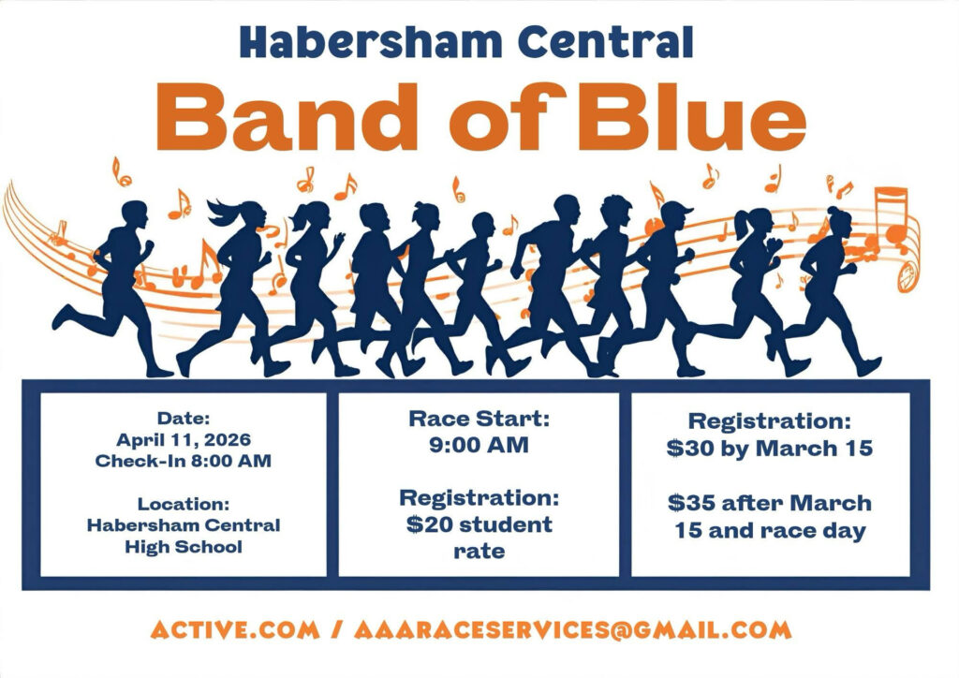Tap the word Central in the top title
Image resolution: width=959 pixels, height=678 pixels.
click(x=606, y=41)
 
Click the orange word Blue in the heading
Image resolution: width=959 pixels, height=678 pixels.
click(x=690, y=117)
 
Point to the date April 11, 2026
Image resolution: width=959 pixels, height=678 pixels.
click(x=184, y=439)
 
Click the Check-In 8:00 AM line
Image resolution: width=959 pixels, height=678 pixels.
click(x=184, y=461)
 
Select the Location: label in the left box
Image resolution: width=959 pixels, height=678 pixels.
click(x=184, y=504)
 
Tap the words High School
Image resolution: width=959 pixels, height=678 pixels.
click(x=184, y=546)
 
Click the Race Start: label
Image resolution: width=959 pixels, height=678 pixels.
click(x=479, y=420)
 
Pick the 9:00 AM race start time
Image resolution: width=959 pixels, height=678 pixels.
click(x=479, y=445)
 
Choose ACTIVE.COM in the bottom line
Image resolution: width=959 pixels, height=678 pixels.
click(x=235, y=629)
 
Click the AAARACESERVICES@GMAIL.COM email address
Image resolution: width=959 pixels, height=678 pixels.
click(x=573, y=629)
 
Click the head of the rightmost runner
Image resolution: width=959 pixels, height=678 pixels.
click(x=839, y=221)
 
